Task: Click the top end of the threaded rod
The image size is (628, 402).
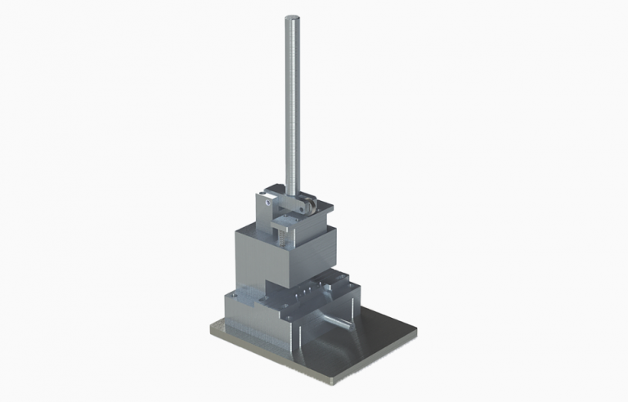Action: tap(290, 18)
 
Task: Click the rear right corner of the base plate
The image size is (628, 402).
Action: tap(415, 332)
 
